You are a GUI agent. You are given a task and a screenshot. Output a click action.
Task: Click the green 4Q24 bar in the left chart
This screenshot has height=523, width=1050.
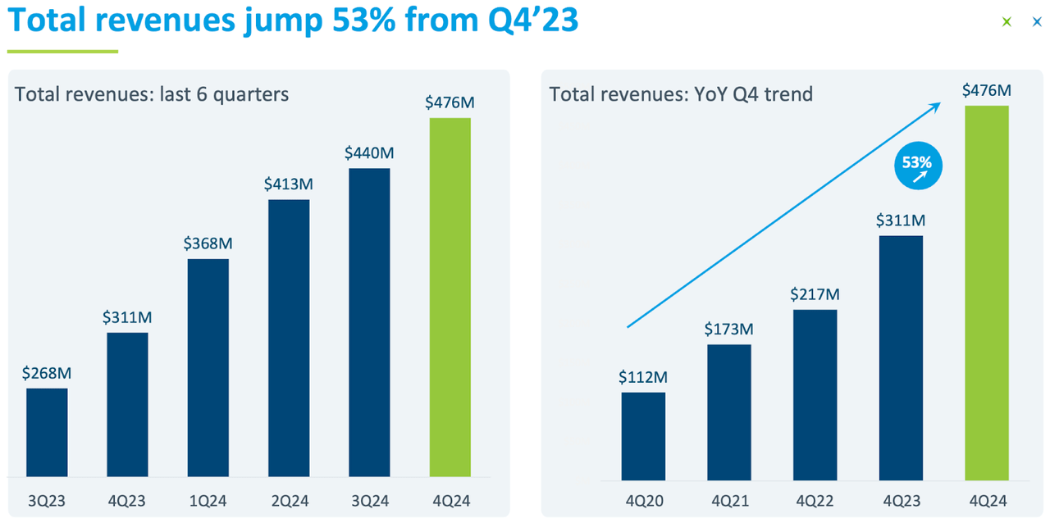point(450,297)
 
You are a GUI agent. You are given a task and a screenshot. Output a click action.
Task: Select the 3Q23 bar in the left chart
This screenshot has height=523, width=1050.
point(47,432)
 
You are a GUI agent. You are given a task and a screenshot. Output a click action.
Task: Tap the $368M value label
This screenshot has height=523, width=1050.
point(208,243)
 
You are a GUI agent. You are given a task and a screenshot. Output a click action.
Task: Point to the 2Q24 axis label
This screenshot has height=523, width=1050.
point(288,499)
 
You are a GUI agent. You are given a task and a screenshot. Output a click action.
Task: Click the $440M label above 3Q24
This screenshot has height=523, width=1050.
point(369,152)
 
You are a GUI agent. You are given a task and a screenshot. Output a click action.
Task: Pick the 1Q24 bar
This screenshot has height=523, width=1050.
point(208,367)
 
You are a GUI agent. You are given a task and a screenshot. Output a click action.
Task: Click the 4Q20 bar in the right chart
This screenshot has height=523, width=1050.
point(643,436)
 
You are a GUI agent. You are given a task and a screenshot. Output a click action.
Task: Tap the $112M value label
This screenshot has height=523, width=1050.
point(643,377)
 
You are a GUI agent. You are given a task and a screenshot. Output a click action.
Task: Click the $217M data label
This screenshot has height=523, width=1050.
point(815,293)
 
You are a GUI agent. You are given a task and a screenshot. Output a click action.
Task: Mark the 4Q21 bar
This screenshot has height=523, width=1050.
point(728,412)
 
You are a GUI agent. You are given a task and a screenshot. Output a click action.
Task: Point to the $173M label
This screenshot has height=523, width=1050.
point(728,330)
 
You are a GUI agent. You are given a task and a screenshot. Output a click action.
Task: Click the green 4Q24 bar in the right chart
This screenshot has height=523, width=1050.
point(986,293)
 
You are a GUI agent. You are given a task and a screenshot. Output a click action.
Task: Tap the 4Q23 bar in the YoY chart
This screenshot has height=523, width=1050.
point(901,357)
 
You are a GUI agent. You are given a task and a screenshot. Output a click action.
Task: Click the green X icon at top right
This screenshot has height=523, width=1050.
point(1007,22)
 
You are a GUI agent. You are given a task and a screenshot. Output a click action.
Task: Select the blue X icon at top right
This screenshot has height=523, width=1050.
point(1037,22)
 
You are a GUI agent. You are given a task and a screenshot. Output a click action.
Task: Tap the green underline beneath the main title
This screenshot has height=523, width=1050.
point(62,52)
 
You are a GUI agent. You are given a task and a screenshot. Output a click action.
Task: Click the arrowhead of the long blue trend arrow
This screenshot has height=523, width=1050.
point(936,104)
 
